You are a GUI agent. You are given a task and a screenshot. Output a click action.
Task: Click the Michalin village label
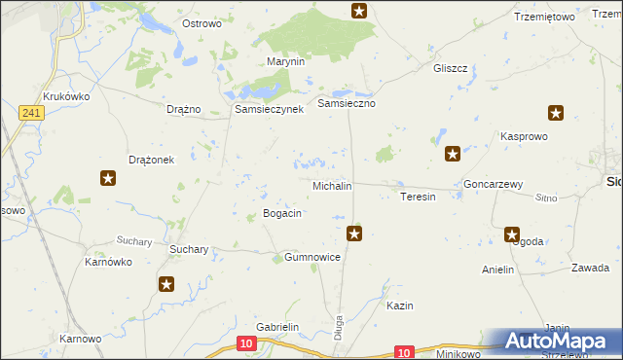click(x=331, y=185)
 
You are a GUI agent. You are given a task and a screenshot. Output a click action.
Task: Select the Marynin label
click(x=286, y=61)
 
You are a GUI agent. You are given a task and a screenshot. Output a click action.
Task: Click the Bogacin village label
click(x=282, y=213)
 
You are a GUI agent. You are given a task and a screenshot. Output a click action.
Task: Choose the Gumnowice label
click(x=311, y=257)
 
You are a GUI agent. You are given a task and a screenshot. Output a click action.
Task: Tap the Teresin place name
click(x=418, y=197)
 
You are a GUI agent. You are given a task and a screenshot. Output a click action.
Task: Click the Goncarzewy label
click(x=494, y=184)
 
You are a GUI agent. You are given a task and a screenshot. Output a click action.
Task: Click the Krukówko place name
click(x=66, y=96)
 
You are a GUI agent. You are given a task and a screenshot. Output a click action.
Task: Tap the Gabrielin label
click(x=276, y=328)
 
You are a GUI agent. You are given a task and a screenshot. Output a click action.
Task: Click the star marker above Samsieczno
click(x=359, y=11)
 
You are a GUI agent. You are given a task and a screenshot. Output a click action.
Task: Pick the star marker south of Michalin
click(x=355, y=233)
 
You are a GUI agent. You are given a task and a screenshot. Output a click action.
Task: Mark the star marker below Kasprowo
click(x=452, y=154)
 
